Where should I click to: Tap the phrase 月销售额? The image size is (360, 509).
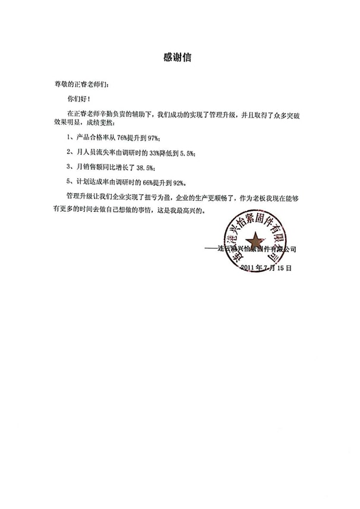[x=90, y=167]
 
